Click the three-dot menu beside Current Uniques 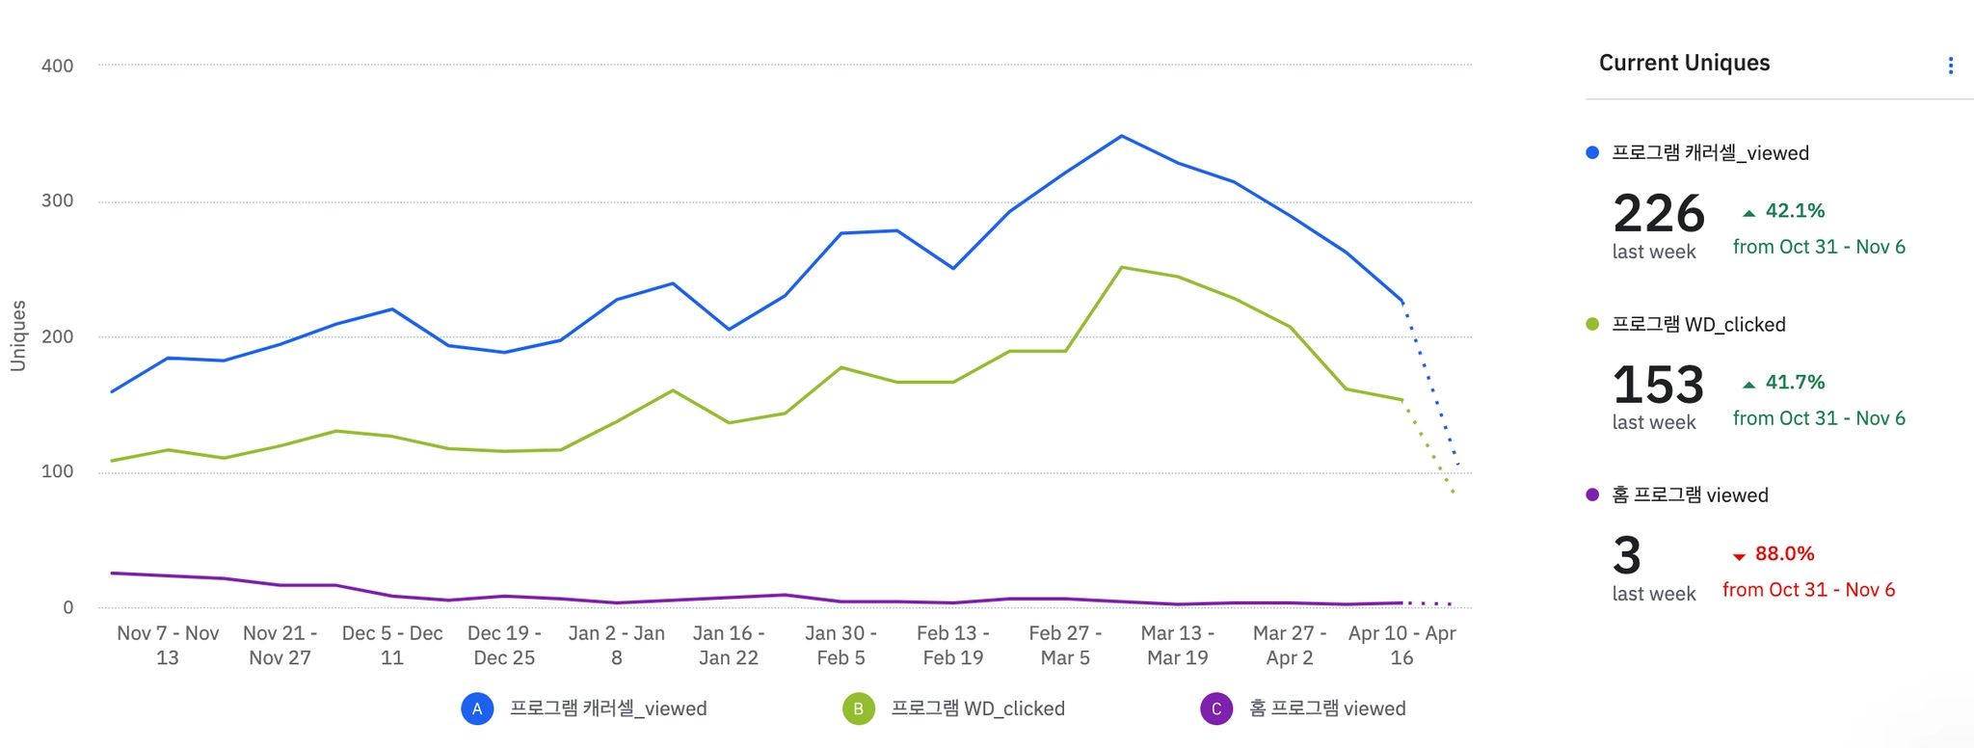[1950, 66]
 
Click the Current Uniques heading [1684, 64]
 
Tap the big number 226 [1658, 214]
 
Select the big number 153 [1658, 385]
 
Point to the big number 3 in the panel [1627, 556]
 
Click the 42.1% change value [1794, 211]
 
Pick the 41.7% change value [1794, 383]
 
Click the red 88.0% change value [1783, 554]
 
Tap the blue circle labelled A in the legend [477, 709]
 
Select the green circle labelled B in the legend [858, 709]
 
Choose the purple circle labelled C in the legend [1216, 709]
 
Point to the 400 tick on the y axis [57, 67]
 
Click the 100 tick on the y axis [57, 472]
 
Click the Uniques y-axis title [18, 335]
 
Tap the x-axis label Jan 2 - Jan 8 [616, 646]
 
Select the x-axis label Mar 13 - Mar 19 [1177, 646]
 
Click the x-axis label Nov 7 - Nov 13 [168, 646]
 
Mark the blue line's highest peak [1121, 136]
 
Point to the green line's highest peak [1121, 267]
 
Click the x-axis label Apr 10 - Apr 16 [1401, 646]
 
